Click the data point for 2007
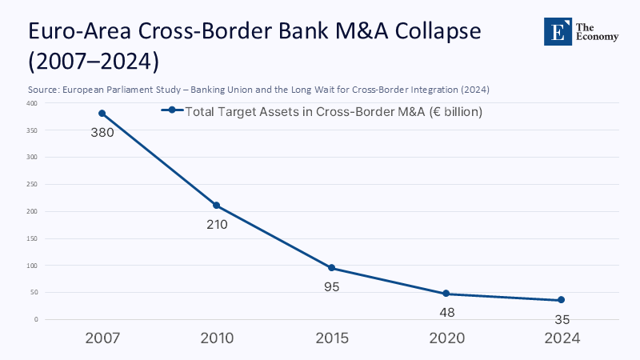pos(102,114)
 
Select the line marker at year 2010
pos(217,206)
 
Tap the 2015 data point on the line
pos(331,268)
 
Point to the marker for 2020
pos(446,294)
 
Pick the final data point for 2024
pos(561,300)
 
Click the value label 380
pos(102,133)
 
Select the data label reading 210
pos(217,225)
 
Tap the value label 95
pos(331,286)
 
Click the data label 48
pos(446,312)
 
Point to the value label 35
pos(561,319)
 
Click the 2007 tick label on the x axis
pos(102,338)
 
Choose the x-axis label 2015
pos(331,338)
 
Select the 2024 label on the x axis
pos(561,338)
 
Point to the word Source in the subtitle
pos(45,89)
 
